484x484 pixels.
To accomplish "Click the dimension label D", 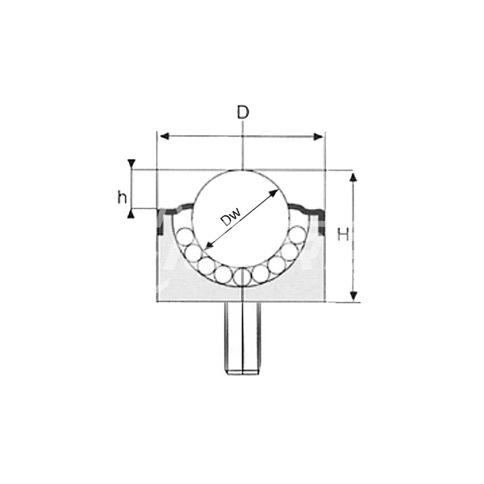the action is (243, 112).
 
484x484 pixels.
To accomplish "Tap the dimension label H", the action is (343, 234).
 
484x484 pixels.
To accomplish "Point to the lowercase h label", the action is (123, 197).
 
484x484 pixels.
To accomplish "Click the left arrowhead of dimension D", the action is (165, 136).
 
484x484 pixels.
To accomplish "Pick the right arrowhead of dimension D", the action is (319, 136).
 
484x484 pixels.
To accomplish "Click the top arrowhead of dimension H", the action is (354, 177).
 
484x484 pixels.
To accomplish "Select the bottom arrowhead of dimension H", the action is (354, 296).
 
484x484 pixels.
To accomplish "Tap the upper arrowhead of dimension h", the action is (131, 163).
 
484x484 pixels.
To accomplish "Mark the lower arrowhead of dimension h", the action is (131, 214).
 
